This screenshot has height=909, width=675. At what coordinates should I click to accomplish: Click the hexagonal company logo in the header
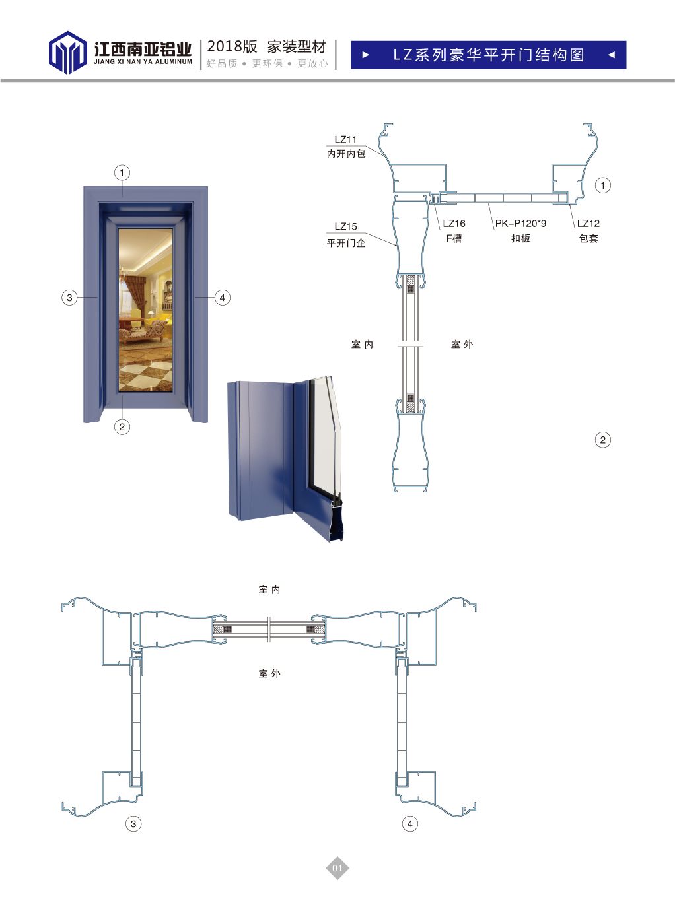click(x=67, y=52)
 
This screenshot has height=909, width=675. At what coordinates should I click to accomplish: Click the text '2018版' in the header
click(x=232, y=47)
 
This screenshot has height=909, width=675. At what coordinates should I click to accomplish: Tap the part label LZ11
click(x=345, y=139)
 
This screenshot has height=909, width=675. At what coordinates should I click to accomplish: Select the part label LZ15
click(x=345, y=226)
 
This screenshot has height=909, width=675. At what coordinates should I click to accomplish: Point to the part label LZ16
click(x=454, y=224)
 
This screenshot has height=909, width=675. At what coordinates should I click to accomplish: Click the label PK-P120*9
click(x=521, y=224)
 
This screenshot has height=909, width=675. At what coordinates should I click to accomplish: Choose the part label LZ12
click(x=588, y=224)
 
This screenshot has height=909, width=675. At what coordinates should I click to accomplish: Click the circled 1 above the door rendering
click(x=122, y=172)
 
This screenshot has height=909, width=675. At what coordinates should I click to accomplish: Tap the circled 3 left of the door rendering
click(x=69, y=298)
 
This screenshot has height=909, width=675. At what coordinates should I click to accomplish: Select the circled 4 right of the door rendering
click(x=223, y=298)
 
